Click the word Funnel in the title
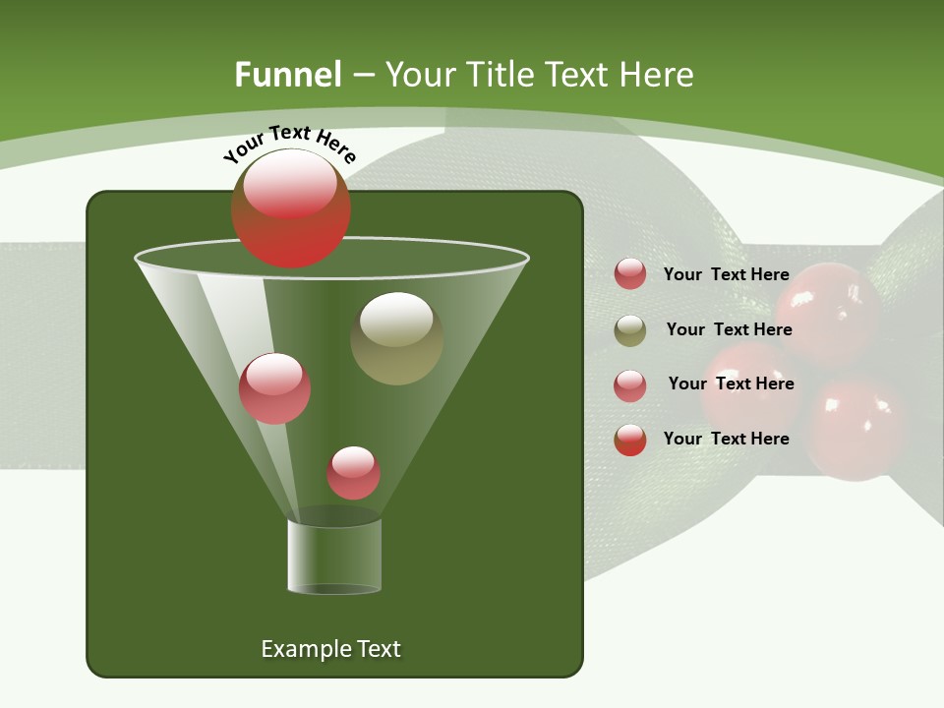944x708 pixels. [x=287, y=75]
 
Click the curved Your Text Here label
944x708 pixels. [x=289, y=144]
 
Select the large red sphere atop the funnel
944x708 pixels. [x=291, y=207]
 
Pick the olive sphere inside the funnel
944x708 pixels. [x=396, y=338]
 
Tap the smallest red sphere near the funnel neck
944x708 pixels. [x=353, y=473]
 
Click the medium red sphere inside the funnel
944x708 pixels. [x=274, y=388]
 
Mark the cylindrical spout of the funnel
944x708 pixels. [x=334, y=557]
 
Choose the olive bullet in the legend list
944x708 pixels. [x=630, y=330]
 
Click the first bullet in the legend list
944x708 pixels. [x=630, y=273]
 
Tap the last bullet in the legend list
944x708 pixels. [x=630, y=440]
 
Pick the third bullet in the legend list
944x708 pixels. [x=630, y=385]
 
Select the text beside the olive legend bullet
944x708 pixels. [x=729, y=329]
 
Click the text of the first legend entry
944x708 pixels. [x=726, y=274]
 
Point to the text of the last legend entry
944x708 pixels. [x=726, y=439]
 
